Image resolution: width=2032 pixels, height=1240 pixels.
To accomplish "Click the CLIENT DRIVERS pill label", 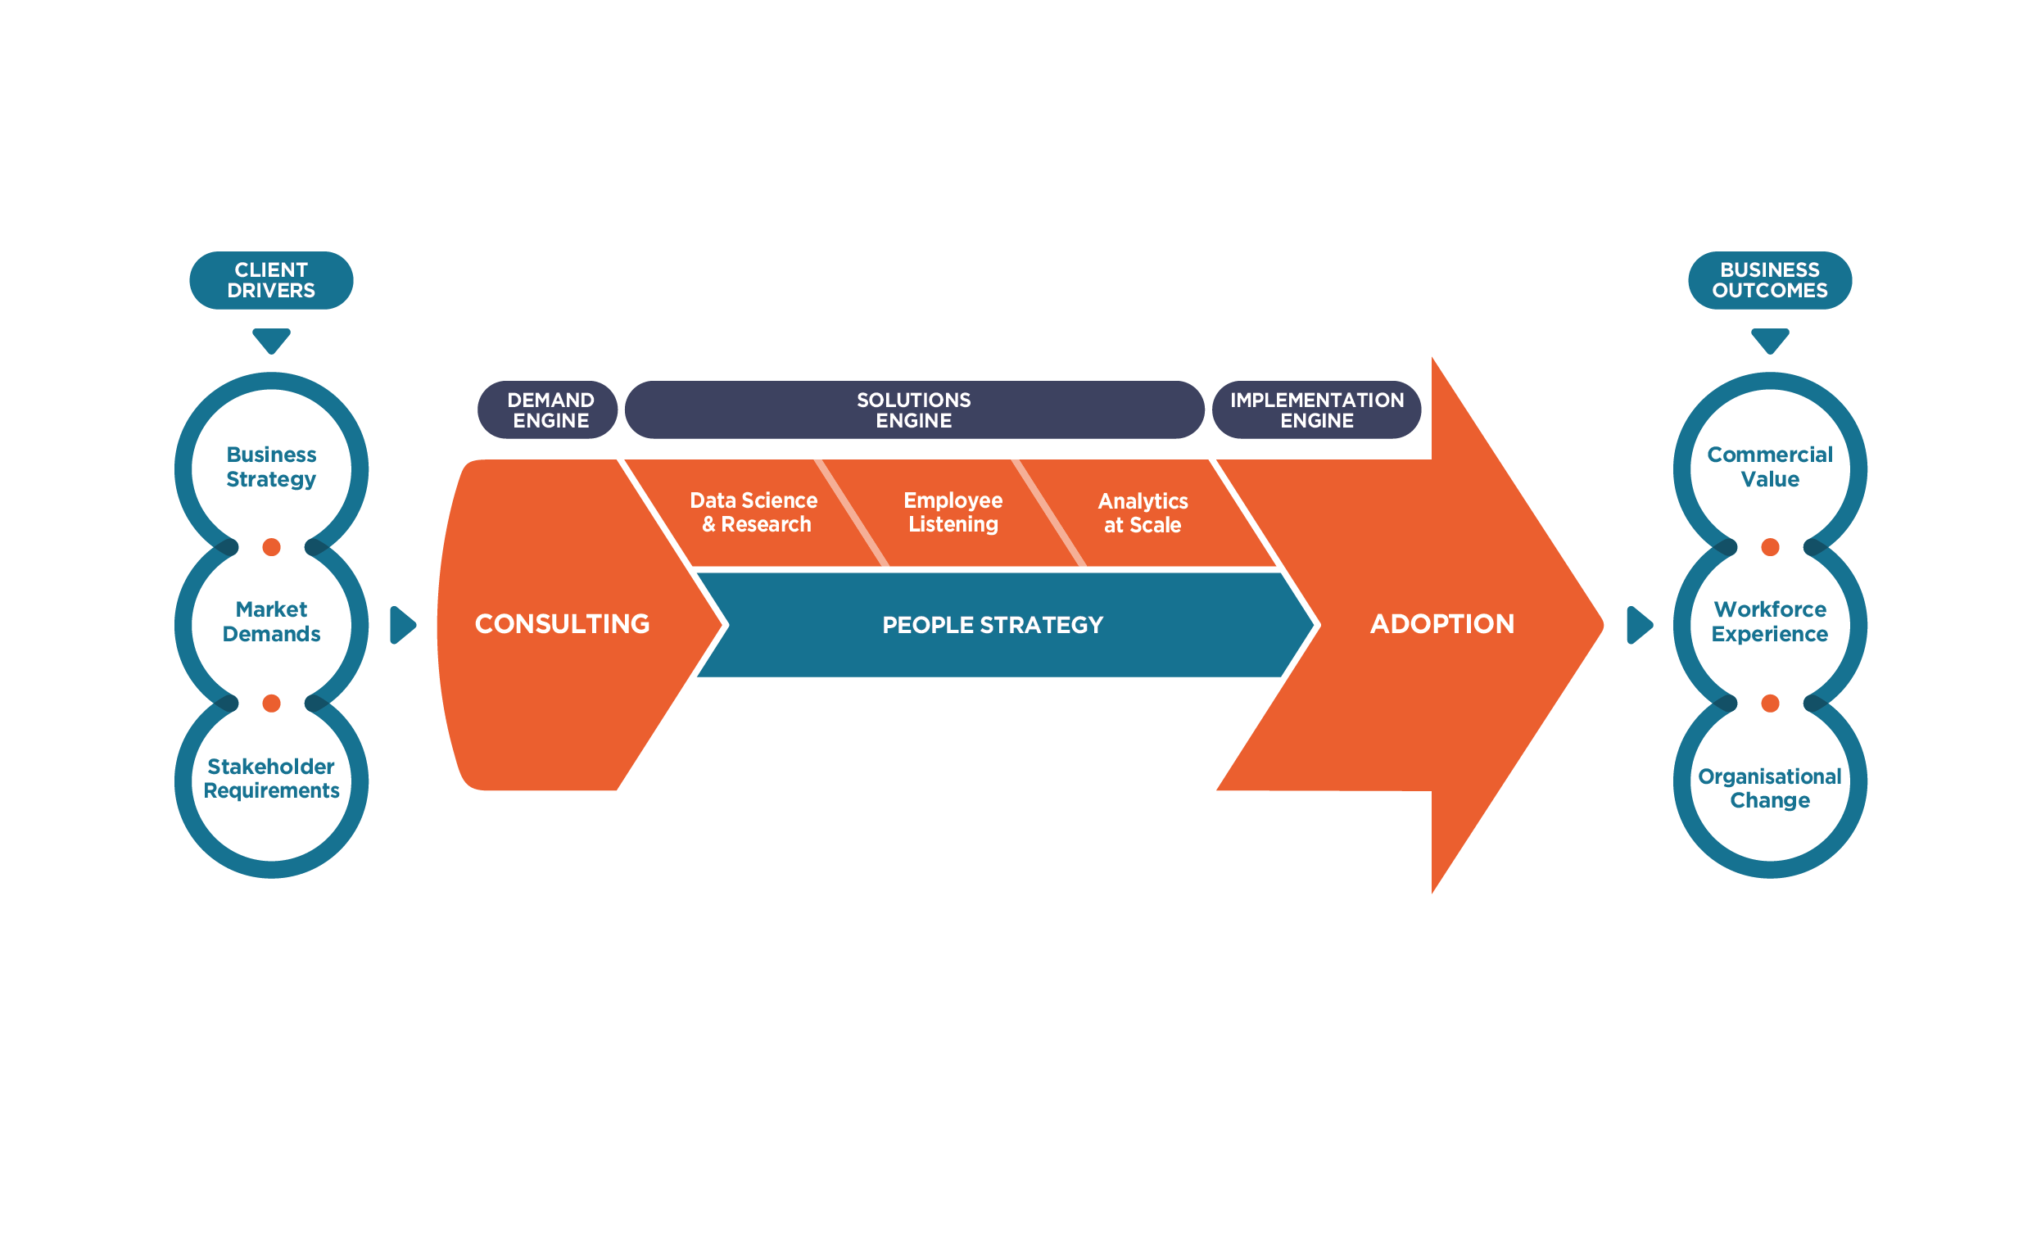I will click(x=270, y=280).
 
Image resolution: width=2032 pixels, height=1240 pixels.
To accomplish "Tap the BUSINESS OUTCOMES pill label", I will click(x=1769, y=280).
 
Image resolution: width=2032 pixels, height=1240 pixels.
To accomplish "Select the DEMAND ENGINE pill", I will click(x=550, y=410).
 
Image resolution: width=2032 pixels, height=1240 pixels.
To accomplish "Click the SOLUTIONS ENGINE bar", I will click(x=914, y=410).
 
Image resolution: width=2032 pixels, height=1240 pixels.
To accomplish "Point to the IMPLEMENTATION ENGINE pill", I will click(x=1316, y=410).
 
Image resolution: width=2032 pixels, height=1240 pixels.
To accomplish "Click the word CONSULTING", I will click(x=562, y=624).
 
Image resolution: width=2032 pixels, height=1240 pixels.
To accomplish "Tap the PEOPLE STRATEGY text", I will click(x=992, y=625).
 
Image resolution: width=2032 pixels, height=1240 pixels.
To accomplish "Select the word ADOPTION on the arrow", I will click(x=1441, y=624).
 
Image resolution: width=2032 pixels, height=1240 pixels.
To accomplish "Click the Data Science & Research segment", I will click(x=754, y=513).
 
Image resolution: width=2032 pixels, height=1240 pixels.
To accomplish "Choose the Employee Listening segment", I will click(x=953, y=513).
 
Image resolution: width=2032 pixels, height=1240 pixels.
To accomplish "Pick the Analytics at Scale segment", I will click(x=1143, y=513).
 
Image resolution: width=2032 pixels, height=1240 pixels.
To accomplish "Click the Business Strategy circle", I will click(x=270, y=468).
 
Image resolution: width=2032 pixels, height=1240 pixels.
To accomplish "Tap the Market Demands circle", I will click(x=270, y=622).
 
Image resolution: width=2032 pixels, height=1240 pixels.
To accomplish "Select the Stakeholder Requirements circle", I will click(x=270, y=779).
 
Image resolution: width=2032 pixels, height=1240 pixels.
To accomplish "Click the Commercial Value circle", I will click(x=1769, y=468).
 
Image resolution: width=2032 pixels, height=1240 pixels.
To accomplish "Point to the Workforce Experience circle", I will click(x=1769, y=622).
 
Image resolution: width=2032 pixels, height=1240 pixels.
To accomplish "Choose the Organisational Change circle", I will click(x=1769, y=788).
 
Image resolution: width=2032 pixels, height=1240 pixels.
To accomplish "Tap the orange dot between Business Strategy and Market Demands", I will click(x=270, y=546).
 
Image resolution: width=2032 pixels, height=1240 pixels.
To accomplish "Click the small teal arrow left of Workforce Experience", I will click(x=1638, y=625).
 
